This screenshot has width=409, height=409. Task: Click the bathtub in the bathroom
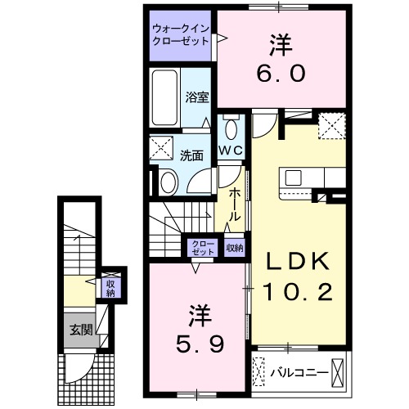pos(164,99)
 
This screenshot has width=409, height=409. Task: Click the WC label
pos(230,151)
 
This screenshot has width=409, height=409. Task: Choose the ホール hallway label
pos(235,204)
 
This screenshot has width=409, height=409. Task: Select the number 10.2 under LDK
pos(298,290)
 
